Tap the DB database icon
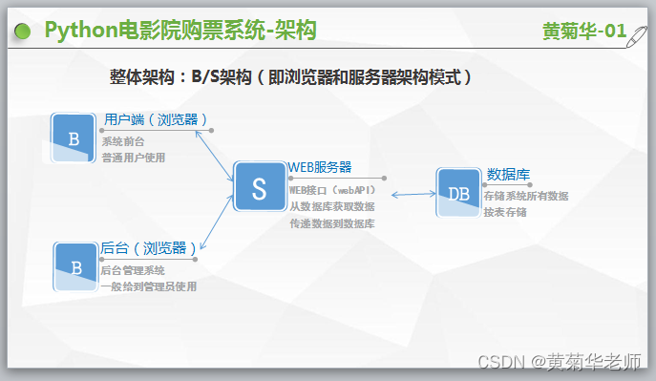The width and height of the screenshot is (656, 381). click(458, 193)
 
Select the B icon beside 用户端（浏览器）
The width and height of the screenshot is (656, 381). click(74, 138)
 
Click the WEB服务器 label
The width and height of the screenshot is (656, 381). click(320, 167)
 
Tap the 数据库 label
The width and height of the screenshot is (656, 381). click(508, 174)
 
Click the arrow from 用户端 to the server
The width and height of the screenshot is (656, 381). click(214, 152)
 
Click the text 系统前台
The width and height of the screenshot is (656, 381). click(123, 141)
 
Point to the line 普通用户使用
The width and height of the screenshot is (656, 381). click(134, 157)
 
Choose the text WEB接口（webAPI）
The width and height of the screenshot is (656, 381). click(332, 190)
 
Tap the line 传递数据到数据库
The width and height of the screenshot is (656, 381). click(331, 223)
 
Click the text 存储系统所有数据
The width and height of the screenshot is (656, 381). click(525, 196)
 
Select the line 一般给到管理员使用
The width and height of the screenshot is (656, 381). click(148, 286)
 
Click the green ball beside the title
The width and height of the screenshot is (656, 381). click(22, 32)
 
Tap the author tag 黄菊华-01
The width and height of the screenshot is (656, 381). click(583, 32)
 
